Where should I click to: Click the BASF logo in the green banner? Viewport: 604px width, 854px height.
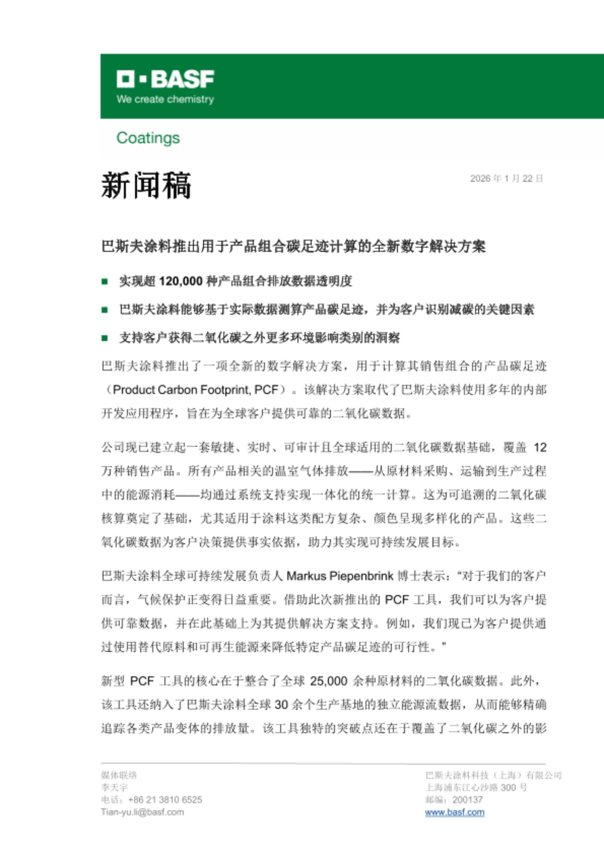click(165, 79)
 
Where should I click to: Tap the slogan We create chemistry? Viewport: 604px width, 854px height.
click(165, 99)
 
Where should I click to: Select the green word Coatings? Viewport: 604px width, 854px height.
click(148, 138)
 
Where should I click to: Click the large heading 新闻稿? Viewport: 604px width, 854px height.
click(146, 185)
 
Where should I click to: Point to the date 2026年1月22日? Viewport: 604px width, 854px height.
click(506, 178)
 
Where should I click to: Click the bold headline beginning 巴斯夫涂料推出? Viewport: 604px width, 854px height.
click(293, 246)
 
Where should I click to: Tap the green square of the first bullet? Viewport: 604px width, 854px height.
click(105, 281)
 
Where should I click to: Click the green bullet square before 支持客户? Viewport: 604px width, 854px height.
click(105, 338)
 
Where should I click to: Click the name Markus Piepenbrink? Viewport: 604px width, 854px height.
click(340, 576)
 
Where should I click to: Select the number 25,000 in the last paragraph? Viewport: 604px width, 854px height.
click(328, 681)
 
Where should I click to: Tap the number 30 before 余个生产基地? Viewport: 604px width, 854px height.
click(281, 705)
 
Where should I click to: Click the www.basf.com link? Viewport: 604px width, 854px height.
click(454, 812)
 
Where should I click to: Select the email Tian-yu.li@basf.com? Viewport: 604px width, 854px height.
click(143, 812)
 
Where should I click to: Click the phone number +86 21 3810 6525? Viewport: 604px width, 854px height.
click(165, 800)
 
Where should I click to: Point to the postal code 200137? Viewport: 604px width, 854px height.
click(467, 800)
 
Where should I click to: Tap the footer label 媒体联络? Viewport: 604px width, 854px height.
click(119, 775)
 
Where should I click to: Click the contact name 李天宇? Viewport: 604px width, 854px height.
click(114, 787)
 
